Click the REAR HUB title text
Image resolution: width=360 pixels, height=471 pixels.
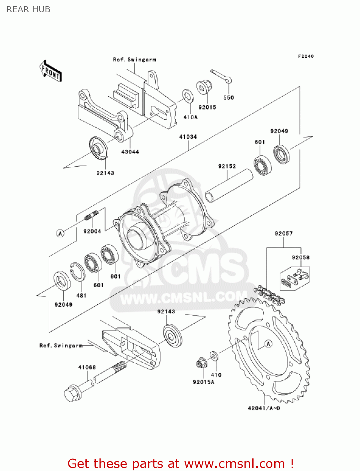tap(29, 9)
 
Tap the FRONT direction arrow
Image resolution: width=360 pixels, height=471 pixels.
tap(51, 71)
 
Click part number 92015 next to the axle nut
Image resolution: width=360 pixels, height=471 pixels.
tap(207, 107)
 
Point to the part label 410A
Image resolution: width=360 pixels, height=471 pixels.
tap(190, 117)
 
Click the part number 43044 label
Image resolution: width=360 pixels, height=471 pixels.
tap(130, 152)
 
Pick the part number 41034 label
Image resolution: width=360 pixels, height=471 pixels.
tap(188, 137)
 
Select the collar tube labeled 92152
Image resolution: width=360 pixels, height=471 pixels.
tap(229, 185)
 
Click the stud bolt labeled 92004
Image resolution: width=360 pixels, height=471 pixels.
tap(91, 216)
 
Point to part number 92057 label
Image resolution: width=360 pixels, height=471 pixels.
tap(283, 234)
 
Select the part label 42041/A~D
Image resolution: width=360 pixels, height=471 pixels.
tap(264, 408)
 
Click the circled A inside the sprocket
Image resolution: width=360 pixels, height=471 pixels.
tap(268, 344)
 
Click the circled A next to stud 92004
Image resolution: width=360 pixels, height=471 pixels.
tap(60, 233)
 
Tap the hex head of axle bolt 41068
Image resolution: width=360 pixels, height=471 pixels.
tap(72, 394)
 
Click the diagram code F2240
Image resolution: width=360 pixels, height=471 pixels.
tap(306, 56)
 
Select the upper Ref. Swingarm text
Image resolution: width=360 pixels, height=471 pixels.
tap(134, 60)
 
